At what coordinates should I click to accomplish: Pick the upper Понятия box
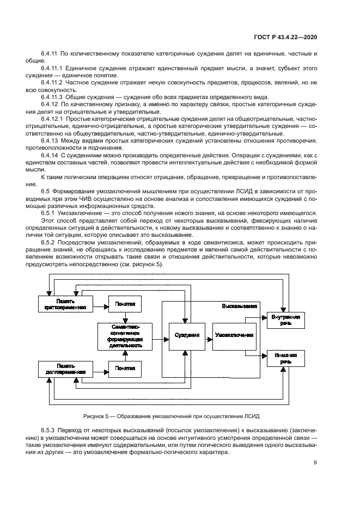[x=125, y=304]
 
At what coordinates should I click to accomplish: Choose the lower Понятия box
[x=125, y=369]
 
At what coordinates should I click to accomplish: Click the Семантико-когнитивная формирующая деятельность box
[x=125, y=336]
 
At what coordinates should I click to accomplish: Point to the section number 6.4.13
[x=49, y=140]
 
